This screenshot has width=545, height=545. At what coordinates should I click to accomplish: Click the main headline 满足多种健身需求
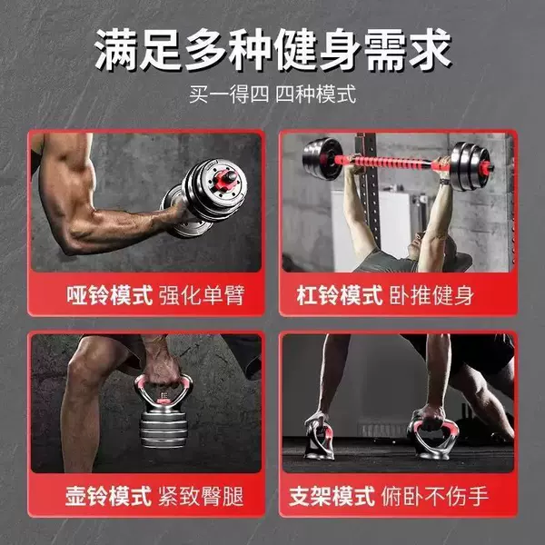[272, 50]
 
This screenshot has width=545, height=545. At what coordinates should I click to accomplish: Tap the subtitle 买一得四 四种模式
[272, 94]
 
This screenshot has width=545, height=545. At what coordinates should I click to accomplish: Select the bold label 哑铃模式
[110, 295]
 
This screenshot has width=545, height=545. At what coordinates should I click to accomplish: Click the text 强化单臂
[202, 295]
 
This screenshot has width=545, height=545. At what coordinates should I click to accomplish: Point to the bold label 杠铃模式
[340, 295]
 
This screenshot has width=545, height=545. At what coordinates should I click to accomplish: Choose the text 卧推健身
[431, 295]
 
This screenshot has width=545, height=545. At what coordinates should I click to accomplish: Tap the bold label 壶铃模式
[108, 496]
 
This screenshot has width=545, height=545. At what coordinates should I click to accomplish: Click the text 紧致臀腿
[201, 496]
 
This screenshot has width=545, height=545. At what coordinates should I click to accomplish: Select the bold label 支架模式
[332, 496]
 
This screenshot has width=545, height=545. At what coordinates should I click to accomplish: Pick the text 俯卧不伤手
[435, 496]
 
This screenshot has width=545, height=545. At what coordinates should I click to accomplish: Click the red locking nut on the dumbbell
[225, 181]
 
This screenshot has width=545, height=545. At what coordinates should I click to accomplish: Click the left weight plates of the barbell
[319, 159]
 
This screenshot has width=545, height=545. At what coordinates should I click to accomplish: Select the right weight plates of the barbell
[471, 166]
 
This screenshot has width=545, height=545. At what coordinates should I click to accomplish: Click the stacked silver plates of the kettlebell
[163, 428]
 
